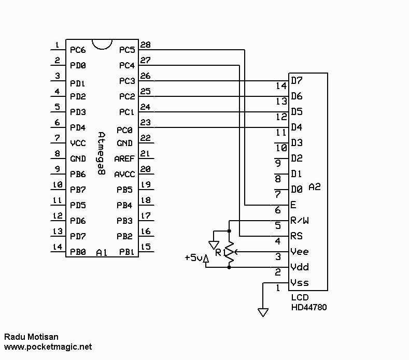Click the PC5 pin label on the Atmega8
[x=126, y=50]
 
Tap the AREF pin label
[x=124, y=159]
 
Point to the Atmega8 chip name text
[x=102, y=154]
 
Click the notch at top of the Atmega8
[x=102, y=45]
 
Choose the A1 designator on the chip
[x=102, y=252]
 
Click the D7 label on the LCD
[x=297, y=81]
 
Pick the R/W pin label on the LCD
[x=300, y=221]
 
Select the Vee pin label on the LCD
[x=300, y=252]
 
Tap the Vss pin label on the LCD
[x=300, y=283]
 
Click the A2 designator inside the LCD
[x=315, y=186]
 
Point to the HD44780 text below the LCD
[x=308, y=307]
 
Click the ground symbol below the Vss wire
[x=263, y=312]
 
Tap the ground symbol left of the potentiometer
[x=213, y=244]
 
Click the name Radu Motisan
[x=31, y=337]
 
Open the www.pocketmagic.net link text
[x=48, y=347]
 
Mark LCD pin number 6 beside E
[x=278, y=210]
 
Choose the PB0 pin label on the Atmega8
[x=78, y=252]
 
